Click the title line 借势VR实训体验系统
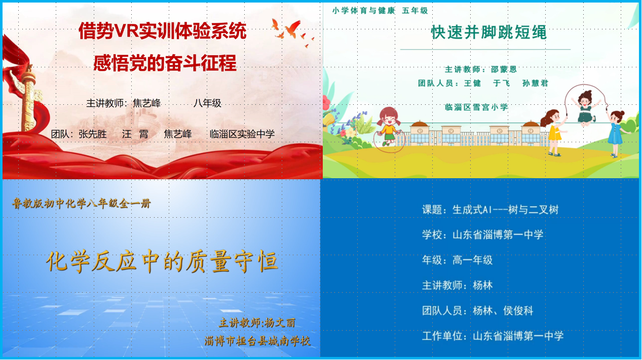pos(163,31)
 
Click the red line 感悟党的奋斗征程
pos(165,63)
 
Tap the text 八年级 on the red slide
pos(207,103)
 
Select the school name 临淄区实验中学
pos(242,134)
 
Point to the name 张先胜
pos(93,134)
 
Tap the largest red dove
pos(292,29)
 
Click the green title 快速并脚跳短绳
pos(489,32)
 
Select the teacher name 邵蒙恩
pos(504,69)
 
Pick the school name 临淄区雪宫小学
pos(476,107)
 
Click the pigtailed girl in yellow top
pos(389,127)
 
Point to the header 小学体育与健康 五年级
pos(380,11)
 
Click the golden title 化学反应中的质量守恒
pos(162,261)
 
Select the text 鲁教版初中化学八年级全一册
pos(81,204)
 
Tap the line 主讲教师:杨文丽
pos(257,323)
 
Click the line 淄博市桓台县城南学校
pos(257,341)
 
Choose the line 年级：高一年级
pos(457,260)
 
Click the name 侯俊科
pos(518,310)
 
